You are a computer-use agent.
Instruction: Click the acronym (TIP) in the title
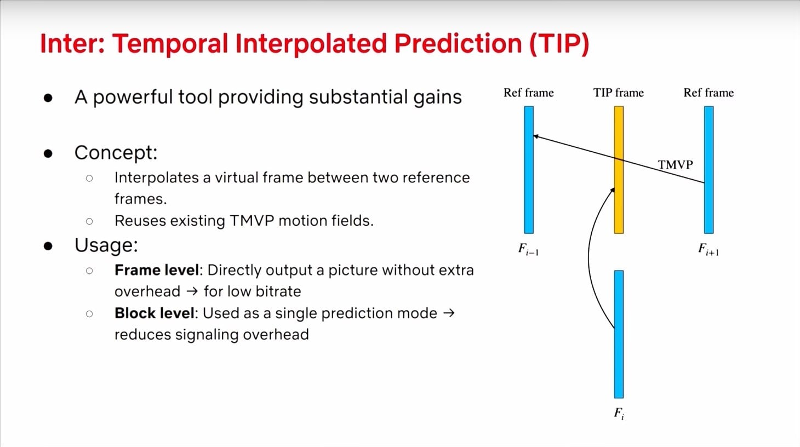pos(559,44)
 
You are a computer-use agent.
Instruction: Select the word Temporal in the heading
pos(170,44)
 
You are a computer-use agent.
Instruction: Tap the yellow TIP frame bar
pos(619,170)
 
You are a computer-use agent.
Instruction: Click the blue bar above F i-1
pos(529,170)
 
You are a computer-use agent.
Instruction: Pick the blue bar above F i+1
pos(709,170)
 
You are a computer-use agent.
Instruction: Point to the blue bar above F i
pos(619,334)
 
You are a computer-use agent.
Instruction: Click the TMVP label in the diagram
pos(676,164)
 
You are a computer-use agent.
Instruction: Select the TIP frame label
pos(619,93)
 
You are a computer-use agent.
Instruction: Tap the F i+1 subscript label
pos(708,249)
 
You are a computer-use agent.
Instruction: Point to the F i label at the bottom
pos(619,414)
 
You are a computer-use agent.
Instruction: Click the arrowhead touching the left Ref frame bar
pos(535,136)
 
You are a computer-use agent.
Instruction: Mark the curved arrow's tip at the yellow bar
pos(613,190)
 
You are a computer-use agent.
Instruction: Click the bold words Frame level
pos(156,270)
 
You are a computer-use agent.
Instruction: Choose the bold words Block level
pos(155,313)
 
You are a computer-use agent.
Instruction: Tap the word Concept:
pos(116,153)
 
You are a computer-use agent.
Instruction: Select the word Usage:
pos(106,245)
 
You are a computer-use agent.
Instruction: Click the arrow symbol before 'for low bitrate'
pos(192,291)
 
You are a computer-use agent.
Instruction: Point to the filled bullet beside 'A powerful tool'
pos(48,98)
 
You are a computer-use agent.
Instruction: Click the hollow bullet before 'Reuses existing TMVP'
pos(89,221)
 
